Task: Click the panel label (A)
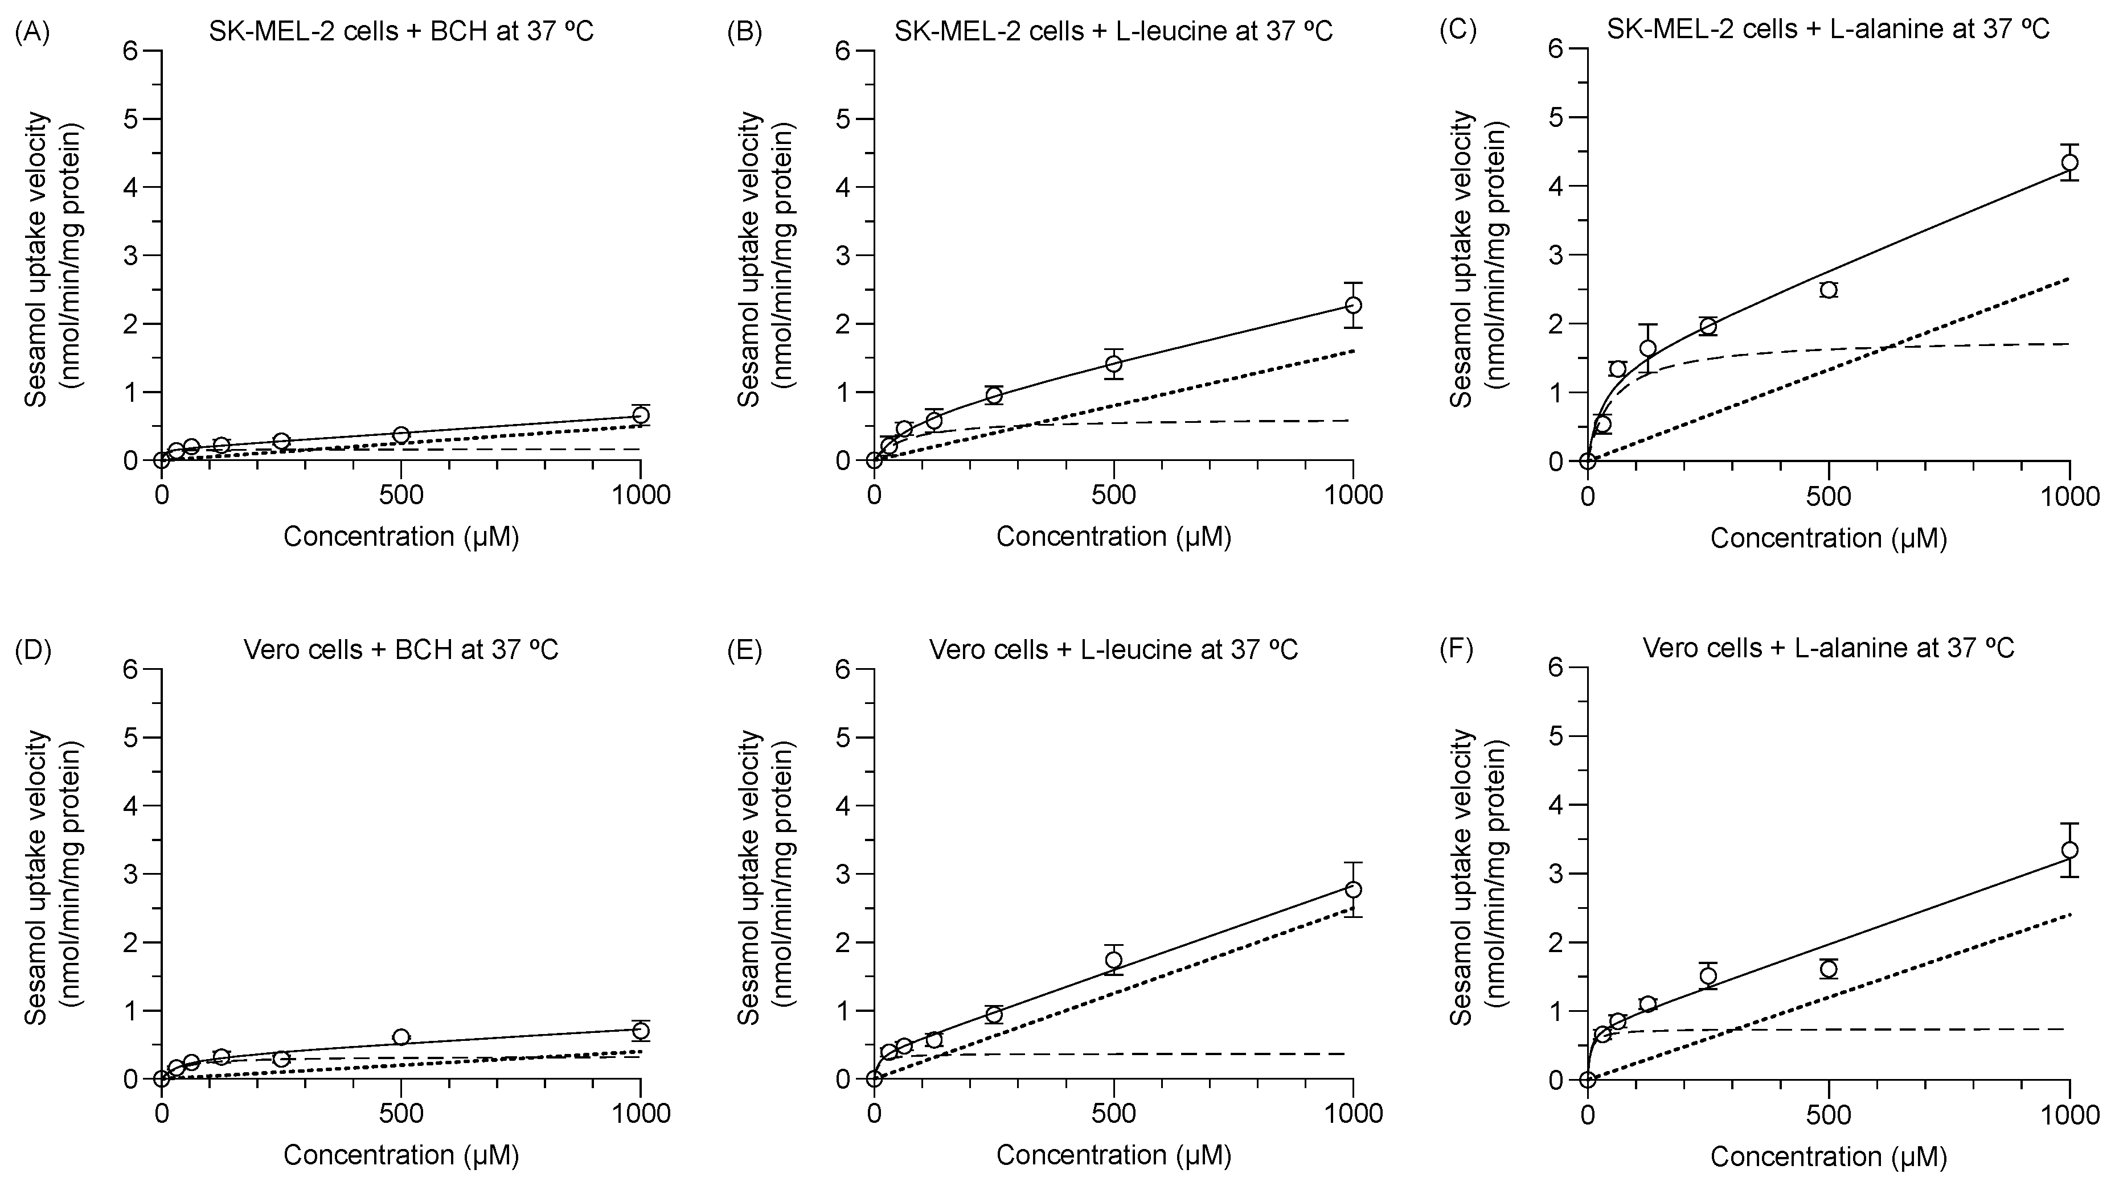(x=33, y=32)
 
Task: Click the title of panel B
(x=1113, y=31)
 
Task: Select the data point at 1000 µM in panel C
(x=2070, y=163)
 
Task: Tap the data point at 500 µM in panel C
(x=1829, y=290)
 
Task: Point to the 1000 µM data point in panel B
(x=1354, y=306)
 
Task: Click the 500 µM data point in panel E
(x=1114, y=959)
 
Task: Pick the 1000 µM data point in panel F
(x=2070, y=850)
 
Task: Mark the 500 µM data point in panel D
(x=401, y=1037)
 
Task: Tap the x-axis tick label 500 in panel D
(x=401, y=1113)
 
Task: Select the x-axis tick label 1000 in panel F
(x=2070, y=1115)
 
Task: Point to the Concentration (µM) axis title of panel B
(x=1113, y=537)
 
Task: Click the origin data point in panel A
(x=162, y=460)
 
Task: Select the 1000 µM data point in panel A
(x=641, y=415)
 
